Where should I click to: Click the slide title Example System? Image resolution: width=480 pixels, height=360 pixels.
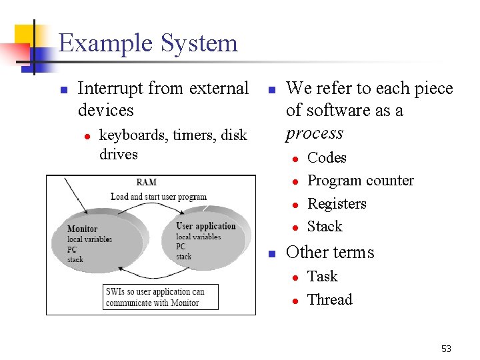(x=148, y=43)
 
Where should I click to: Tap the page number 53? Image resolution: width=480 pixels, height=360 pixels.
(x=446, y=349)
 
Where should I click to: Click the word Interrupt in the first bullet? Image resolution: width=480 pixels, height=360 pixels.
(x=110, y=88)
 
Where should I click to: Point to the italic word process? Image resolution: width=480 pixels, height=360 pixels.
(x=314, y=133)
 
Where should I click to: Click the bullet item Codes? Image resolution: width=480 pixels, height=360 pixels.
(x=327, y=158)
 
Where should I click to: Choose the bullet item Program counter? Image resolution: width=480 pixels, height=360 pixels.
(x=360, y=181)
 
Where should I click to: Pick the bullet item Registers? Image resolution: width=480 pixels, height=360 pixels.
(x=337, y=203)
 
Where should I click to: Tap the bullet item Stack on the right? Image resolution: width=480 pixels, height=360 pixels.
(x=325, y=227)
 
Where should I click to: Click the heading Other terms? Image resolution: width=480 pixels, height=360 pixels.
(x=330, y=252)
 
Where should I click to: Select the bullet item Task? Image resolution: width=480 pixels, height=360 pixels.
(x=323, y=276)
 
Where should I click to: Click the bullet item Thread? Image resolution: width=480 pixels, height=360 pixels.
(x=329, y=299)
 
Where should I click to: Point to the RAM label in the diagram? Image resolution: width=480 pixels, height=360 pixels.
(x=147, y=182)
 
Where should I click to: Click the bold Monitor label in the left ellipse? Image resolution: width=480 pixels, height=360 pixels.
(x=82, y=229)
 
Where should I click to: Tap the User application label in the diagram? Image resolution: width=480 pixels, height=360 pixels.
(x=206, y=226)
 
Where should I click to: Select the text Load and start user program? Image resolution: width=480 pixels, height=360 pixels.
(x=159, y=197)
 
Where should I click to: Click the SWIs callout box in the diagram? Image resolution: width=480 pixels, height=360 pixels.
(x=161, y=297)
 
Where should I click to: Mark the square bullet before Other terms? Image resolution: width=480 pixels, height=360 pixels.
(x=271, y=253)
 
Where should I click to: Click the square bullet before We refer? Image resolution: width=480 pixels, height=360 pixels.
(x=271, y=89)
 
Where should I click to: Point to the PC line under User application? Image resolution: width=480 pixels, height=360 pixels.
(x=181, y=247)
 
